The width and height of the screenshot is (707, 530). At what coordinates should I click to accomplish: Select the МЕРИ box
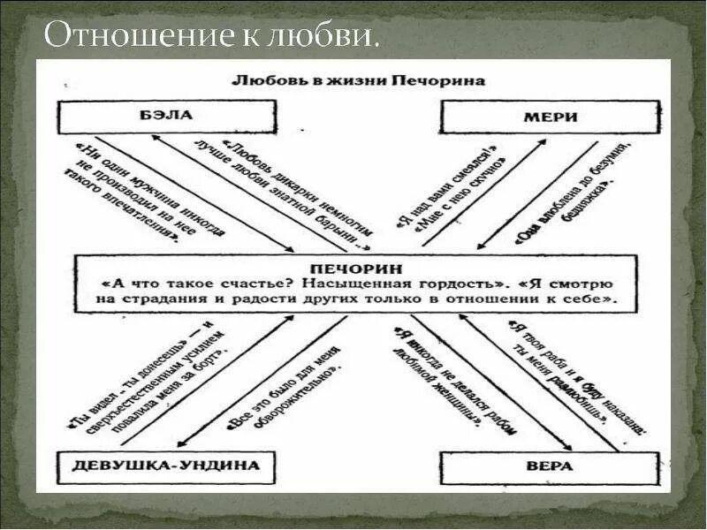pyautogui.click(x=550, y=117)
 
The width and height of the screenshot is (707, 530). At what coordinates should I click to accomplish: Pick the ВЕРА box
pyautogui.click(x=551, y=466)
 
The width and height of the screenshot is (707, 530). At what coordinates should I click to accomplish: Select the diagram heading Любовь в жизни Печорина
pyautogui.click(x=358, y=79)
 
